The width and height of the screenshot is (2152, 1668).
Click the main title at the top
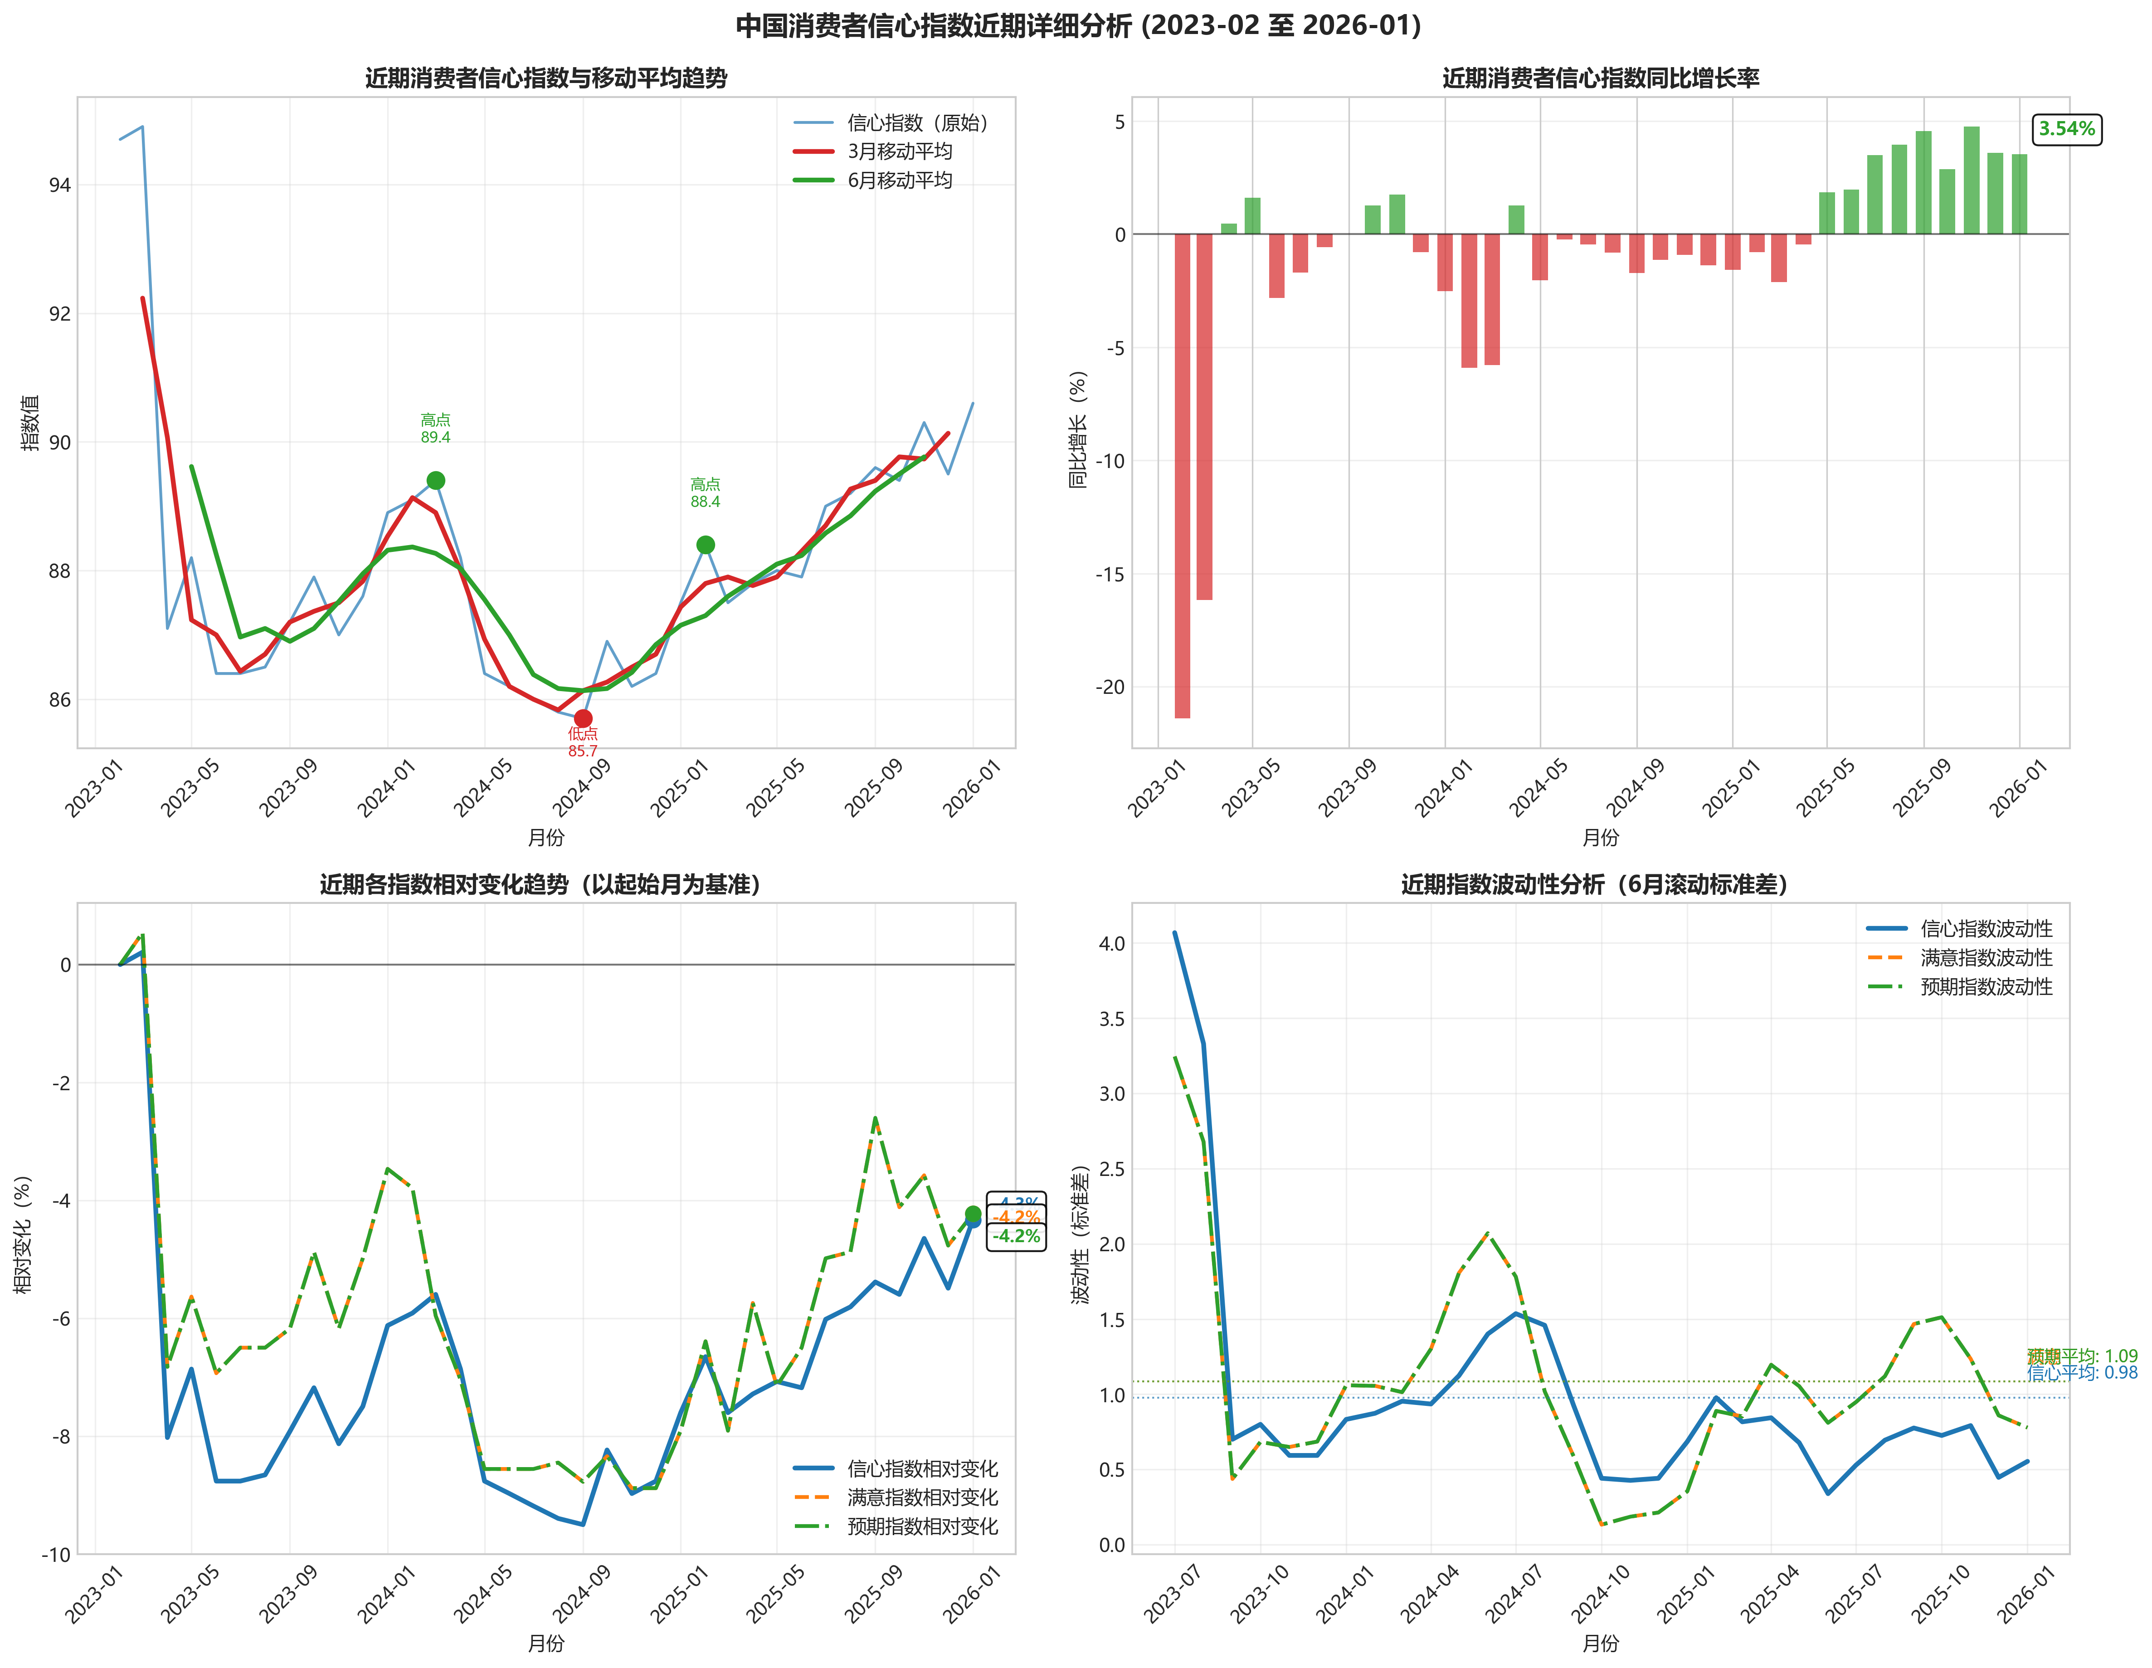click(x=1078, y=25)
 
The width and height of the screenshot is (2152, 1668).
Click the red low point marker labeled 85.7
click(x=582, y=718)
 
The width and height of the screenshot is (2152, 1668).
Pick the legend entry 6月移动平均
click(x=899, y=180)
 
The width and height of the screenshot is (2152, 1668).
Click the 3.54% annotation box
click(x=2066, y=129)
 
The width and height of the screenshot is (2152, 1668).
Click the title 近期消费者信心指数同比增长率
click(x=1600, y=78)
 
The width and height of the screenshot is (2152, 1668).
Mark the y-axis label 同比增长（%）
click(x=1078, y=429)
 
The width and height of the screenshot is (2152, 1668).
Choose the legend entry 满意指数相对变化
click(x=921, y=1497)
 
